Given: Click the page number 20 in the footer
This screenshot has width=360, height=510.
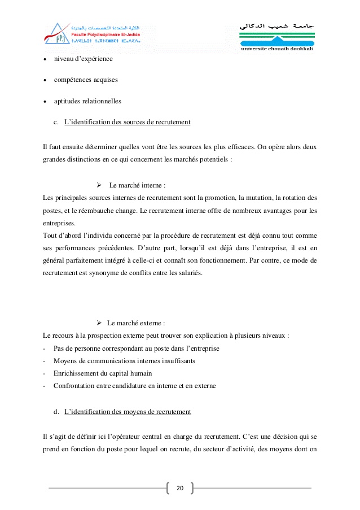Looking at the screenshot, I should tap(180, 488).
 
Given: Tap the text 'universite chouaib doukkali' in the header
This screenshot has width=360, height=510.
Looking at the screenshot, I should tap(277, 50).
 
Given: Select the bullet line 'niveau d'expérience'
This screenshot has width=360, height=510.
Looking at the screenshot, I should tap(83, 59).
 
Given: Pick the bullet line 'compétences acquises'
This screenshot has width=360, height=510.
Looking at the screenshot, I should tap(86, 80).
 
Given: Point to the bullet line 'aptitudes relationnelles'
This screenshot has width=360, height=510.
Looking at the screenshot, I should tap(87, 101).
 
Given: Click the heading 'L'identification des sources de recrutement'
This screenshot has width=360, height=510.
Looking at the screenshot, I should tap(128, 122).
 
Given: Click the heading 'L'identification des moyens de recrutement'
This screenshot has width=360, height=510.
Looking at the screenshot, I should tap(128, 412).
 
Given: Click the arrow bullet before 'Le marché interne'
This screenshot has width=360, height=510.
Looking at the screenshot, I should tap(98, 185).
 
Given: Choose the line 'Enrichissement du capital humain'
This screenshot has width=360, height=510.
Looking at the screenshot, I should tap(103, 373).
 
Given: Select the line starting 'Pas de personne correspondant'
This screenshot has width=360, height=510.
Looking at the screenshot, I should tap(136, 348).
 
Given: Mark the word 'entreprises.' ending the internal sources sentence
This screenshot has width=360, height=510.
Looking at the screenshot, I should tap(59, 223).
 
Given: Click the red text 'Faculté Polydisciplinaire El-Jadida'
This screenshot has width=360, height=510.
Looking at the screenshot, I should tap(100, 33).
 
